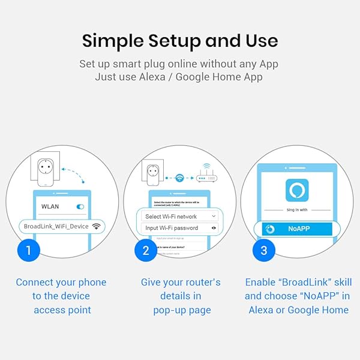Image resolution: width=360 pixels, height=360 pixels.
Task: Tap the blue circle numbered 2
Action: [x=146, y=250]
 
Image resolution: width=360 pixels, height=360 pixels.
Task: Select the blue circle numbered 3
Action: [x=264, y=250]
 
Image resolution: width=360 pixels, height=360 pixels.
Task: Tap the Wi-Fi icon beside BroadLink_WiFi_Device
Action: [x=96, y=226]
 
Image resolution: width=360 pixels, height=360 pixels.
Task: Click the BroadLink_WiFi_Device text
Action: [x=56, y=226]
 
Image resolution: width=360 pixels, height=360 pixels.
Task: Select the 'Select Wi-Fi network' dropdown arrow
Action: [x=213, y=216]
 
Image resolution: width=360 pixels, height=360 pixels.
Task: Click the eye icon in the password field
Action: [x=213, y=228]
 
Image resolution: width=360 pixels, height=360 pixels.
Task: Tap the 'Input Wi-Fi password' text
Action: [x=172, y=228]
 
